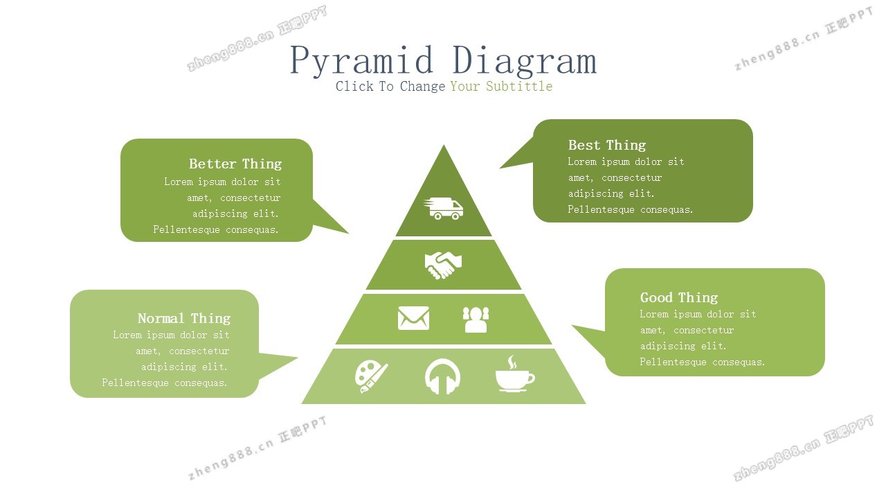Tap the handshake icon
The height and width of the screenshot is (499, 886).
pyautogui.click(x=443, y=265)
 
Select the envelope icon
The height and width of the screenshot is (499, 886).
pyautogui.click(x=413, y=318)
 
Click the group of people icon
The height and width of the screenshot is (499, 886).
pyautogui.click(x=476, y=319)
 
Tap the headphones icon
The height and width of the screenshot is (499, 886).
pyautogui.click(x=443, y=377)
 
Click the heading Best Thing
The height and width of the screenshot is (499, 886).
pyautogui.click(x=606, y=145)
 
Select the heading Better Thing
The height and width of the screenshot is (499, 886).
pyautogui.click(x=235, y=164)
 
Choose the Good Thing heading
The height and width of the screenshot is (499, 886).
pyautogui.click(x=678, y=297)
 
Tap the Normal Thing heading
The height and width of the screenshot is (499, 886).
pyautogui.click(x=183, y=318)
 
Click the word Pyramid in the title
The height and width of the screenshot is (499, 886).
pyautogui.click(x=361, y=61)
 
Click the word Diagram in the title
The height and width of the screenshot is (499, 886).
pyautogui.click(x=524, y=61)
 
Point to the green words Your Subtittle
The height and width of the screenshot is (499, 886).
pyautogui.click(x=501, y=87)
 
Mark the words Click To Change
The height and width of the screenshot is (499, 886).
pyautogui.click(x=390, y=87)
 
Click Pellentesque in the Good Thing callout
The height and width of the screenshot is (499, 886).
pyautogui.click(x=671, y=362)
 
